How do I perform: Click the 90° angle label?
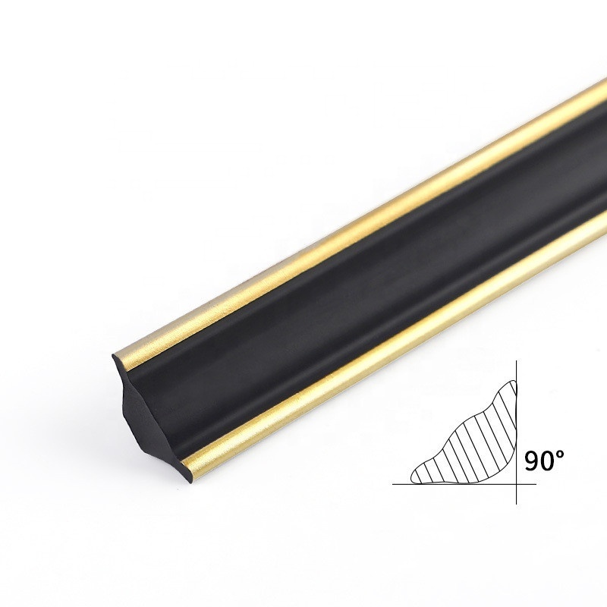point(544,461)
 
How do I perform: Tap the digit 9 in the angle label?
point(533,461)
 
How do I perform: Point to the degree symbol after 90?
point(560,454)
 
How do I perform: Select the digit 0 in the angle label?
point(548,461)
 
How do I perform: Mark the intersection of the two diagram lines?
point(517,484)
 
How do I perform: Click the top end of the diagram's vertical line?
point(517,361)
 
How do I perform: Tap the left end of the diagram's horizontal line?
point(393,484)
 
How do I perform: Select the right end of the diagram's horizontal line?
point(536,484)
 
